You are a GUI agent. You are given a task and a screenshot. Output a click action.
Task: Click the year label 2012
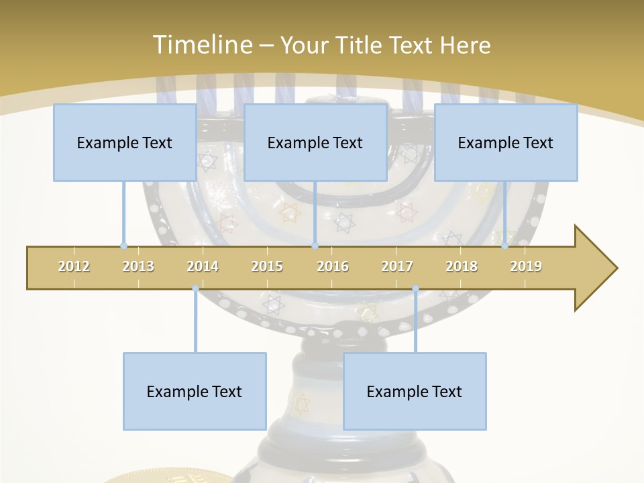point(74,266)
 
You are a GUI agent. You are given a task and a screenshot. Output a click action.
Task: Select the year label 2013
point(138,266)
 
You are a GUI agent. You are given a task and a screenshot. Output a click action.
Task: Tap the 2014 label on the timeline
point(203,266)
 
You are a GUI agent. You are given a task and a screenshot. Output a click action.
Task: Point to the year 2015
point(267,266)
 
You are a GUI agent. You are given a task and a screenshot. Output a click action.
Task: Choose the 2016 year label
point(333,266)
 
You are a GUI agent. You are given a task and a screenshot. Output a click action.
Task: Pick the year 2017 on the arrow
point(397,266)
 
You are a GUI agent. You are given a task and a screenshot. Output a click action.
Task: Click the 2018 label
point(462,266)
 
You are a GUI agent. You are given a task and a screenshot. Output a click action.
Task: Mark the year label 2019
point(526,266)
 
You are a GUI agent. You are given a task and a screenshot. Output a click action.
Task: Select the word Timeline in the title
point(201,45)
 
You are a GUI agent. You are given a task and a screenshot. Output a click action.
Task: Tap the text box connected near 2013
point(125,142)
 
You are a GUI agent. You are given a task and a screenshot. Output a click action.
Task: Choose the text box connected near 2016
point(315,142)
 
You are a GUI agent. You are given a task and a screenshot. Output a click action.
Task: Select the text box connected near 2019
point(506,142)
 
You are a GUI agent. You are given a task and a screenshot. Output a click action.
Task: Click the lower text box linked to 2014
point(195,391)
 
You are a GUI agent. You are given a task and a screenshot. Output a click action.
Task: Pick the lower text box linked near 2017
point(415,391)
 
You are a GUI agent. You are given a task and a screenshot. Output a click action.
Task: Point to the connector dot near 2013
point(123,246)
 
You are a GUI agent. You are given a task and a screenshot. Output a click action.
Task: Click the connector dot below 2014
point(195,288)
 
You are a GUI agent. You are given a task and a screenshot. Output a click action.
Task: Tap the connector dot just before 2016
point(315,246)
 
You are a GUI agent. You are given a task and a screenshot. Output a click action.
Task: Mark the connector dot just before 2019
point(504,246)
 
